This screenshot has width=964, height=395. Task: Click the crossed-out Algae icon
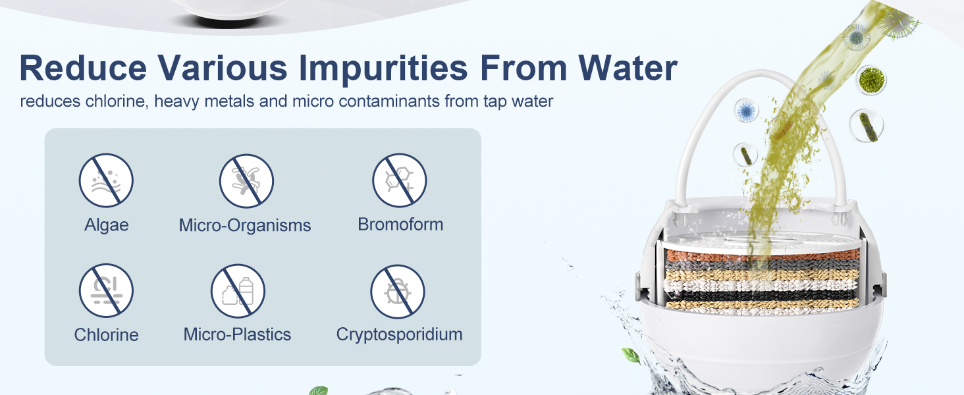coord(106,180)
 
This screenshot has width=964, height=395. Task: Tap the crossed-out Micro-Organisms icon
coord(246,181)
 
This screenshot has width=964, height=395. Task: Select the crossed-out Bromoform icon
coord(400,180)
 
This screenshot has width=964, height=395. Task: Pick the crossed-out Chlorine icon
coord(106,290)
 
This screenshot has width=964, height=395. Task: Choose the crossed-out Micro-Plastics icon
coord(238,291)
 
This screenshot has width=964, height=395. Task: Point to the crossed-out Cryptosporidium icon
coord(398,291)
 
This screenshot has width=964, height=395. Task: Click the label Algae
coord(106,225)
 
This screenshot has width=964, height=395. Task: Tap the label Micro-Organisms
coord(245,225)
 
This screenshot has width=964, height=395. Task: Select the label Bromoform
coord(400,224)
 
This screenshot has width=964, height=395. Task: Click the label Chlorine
coord(106,334)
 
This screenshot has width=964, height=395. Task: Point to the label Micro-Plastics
coord(237,334)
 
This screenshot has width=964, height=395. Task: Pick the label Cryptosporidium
coord(400,335)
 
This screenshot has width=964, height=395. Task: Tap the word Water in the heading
coord(628,68)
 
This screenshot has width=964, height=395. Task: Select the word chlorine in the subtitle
coord(117,101)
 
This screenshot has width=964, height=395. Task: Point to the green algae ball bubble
coord(871,80)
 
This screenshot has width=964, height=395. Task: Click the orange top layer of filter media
coord(762,255)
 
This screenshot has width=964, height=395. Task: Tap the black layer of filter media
coord(761,296)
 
